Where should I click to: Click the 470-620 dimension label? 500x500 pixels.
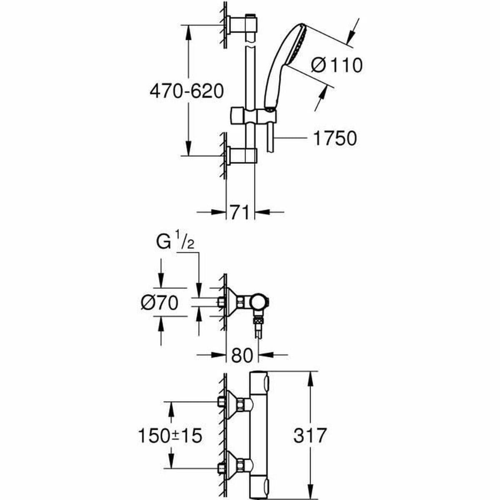click(187, 91)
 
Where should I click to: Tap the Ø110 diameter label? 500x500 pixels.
click(337, 65)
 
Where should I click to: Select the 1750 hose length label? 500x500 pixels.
click(335, 139)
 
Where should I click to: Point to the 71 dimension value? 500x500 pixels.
click(240, 212)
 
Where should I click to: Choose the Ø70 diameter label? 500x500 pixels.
click(160, 302)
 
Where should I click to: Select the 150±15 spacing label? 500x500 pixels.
click(170, 436)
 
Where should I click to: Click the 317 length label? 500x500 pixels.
click(310, 436)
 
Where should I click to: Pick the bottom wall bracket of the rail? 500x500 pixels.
click(242, 155)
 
